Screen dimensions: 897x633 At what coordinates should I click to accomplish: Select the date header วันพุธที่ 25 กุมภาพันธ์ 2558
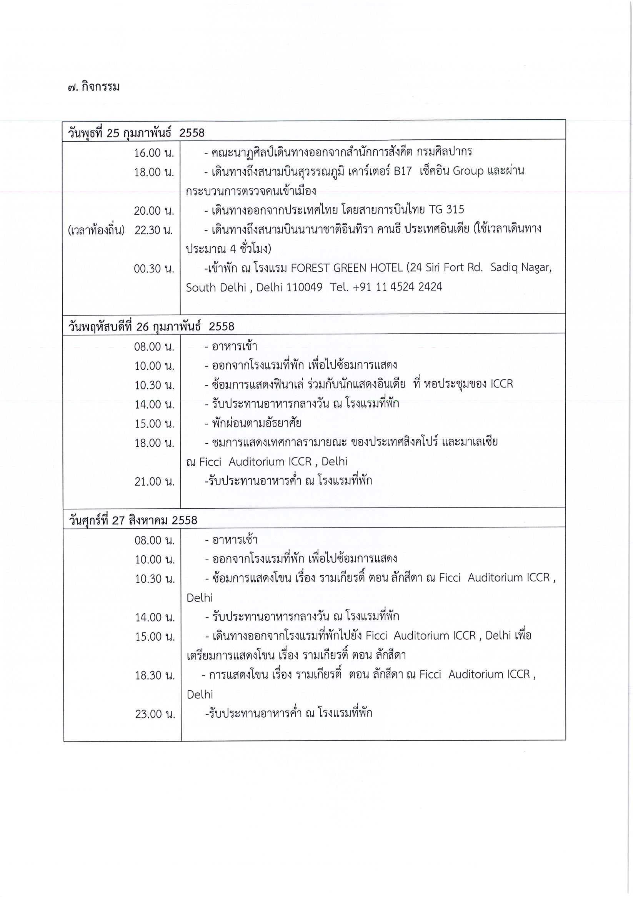[136, 133]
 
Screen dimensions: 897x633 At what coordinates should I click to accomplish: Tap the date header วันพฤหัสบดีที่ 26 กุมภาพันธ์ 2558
[151, 326]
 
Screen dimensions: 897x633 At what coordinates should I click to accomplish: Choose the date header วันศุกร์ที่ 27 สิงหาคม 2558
[133, 520]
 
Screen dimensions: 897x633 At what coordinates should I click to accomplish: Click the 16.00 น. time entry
[154, 153]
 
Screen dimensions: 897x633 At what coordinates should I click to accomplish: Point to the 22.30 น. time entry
[154, 230]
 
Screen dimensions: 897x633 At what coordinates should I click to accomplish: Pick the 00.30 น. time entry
[154, 269]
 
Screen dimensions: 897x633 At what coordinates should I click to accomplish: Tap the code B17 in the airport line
[403, 171]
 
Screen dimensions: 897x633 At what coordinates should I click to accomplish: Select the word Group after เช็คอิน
[467, 171]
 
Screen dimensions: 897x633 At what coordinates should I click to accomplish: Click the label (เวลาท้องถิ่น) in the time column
[96, 230]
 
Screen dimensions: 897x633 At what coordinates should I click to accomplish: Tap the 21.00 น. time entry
[154, 481]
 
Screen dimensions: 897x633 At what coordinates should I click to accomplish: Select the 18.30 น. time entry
[155, 675]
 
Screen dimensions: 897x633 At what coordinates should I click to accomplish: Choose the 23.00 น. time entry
[155, 714]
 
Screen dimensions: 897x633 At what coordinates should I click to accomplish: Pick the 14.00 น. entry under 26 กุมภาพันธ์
[154, 404]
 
